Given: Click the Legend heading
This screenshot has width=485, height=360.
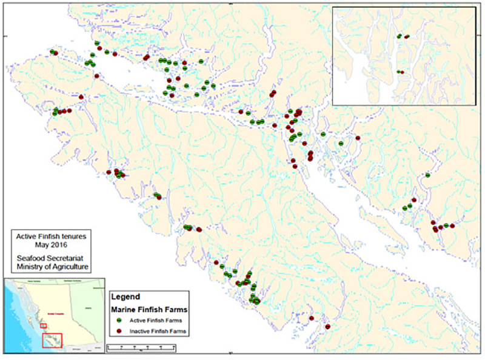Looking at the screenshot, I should click(x=126, y=297).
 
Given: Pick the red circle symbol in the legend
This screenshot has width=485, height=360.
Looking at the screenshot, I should click(x=119, y=331).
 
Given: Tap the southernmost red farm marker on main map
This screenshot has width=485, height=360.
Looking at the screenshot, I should click(x=328, y=327).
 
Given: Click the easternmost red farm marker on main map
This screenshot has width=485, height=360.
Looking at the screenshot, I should click(x=452, y=225).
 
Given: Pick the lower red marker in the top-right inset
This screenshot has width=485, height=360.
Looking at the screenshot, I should click(x=403, y=72).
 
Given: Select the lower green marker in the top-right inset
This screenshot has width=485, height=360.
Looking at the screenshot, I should click(x=398, y=72).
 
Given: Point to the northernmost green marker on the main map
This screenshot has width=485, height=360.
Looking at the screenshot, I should click(x=97, y=43).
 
